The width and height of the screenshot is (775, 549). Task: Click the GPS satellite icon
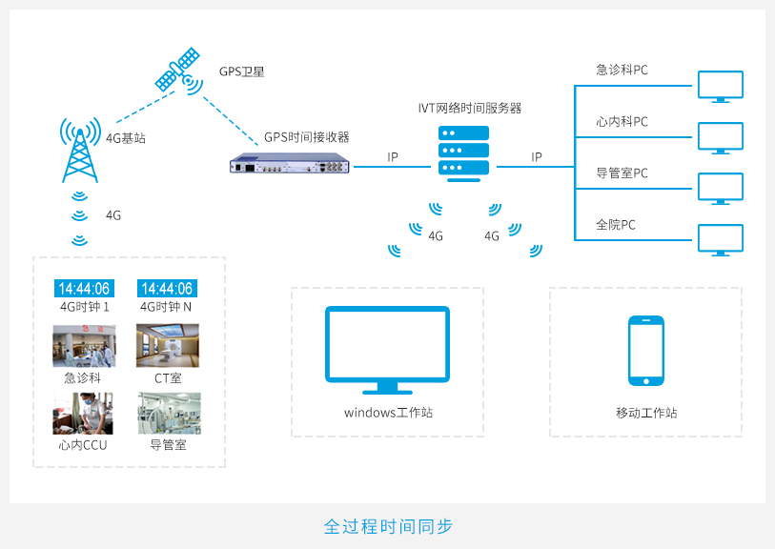[178, 71]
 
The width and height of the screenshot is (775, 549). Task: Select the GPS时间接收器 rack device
[290, 167]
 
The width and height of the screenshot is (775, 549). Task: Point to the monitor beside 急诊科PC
[720, 87]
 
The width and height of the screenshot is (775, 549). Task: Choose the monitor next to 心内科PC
[720, 137]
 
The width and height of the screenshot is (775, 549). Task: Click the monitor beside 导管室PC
[720, 188]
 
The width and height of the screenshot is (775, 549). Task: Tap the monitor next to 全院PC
[720, 239]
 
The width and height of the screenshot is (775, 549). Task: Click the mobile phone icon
[645, 350]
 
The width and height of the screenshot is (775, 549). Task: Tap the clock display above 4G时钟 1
[84, 289]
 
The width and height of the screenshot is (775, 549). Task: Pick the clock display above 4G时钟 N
[166, 289]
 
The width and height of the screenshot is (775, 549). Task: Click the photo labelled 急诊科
[84, 346]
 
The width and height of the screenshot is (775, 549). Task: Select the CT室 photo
[168, 346]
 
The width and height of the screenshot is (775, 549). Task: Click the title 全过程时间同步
[387, 526]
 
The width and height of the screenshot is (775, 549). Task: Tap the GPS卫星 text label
[241, 71]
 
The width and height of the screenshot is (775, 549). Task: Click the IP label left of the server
[393, 157]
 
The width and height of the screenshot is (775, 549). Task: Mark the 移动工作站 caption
[646, 414]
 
